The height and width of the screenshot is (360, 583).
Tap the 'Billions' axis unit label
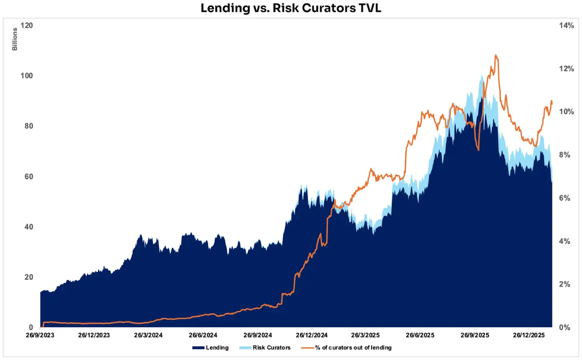(15, 39)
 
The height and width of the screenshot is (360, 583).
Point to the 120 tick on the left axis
(27, 25)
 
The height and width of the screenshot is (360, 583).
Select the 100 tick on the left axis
(27, 76)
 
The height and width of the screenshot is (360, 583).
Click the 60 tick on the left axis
(29, 176)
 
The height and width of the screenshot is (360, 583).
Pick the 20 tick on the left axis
(29, 277)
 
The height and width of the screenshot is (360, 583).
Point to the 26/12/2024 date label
(312, 335)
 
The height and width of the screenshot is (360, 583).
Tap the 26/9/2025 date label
(475, 335)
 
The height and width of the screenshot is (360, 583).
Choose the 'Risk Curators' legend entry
(272, 348)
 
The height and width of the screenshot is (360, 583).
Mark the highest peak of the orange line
(496, 55)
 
